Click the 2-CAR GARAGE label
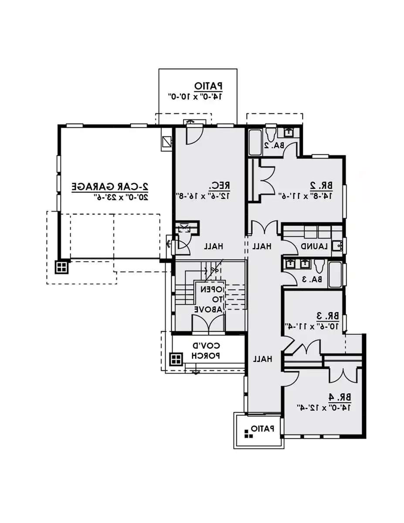pos(110,186)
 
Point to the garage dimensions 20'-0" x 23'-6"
pos(110,197)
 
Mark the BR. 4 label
pos(340,397)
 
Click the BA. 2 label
pos(274,145)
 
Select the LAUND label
pos(314,246)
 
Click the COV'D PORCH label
pos(207,351)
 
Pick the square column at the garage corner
pos(61,267)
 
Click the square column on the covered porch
pos(176,359)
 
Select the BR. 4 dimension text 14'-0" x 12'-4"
pos(325,408)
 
